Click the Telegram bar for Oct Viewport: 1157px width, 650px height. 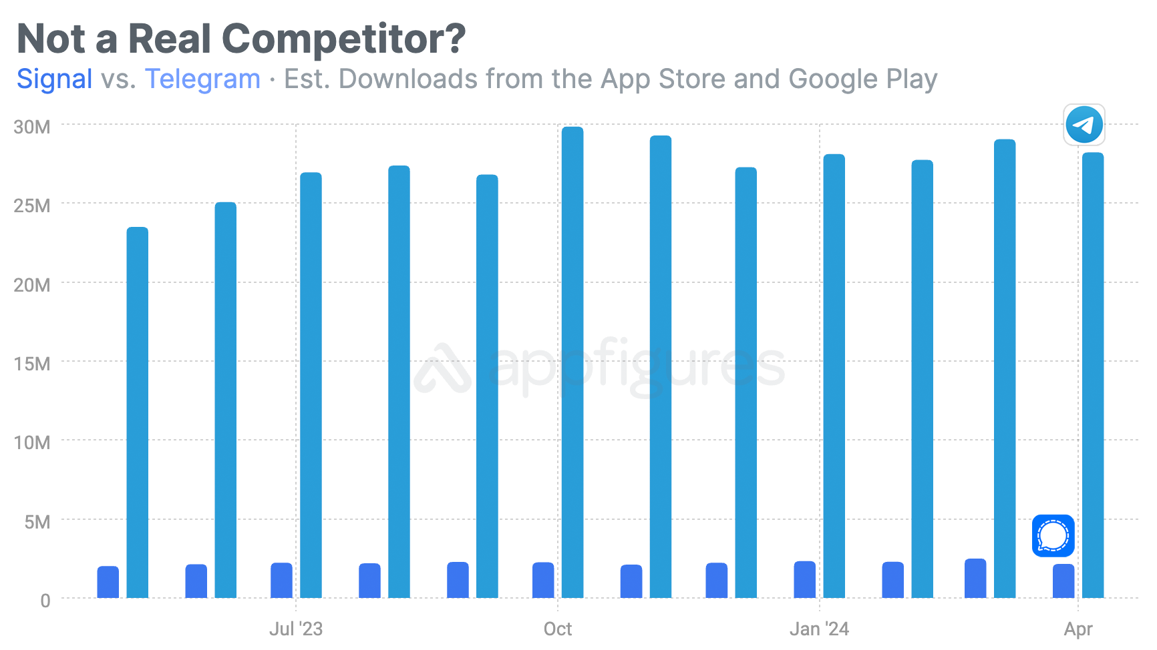tap(572, 362)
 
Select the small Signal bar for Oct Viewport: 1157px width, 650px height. tap(543, 580)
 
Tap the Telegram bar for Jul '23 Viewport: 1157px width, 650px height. tap(311, 385)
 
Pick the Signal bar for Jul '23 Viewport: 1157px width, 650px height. tap(281, 581)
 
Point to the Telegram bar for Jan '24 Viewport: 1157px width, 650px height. tap(834, 376)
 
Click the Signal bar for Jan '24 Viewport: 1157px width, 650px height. tap(804, 580)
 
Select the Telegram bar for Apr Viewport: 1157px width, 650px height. tap(1093, 375)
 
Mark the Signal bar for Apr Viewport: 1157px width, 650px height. tap(1063, 581)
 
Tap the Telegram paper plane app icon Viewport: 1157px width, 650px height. tap(1084, 125)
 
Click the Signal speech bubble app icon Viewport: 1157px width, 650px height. tap(1053, 536)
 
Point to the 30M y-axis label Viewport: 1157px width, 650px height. tap(32, 127)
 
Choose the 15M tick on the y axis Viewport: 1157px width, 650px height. tap(32, 364)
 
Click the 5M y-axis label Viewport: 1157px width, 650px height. tap(37, 522)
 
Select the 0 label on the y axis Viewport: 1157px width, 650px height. tap(45, 601)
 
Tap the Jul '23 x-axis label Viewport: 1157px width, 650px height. tap(296, 629)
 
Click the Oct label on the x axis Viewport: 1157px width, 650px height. tap(558, 629)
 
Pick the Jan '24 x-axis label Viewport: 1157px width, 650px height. tap(819, 629)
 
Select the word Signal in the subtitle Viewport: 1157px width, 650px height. tap(55, 79)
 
